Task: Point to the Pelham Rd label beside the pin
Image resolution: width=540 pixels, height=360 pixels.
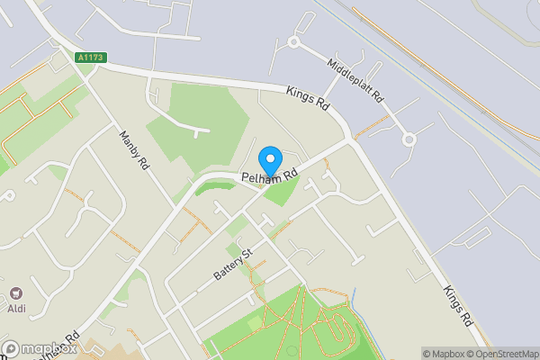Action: pos(269,177)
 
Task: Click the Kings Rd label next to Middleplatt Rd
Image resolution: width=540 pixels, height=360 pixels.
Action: pos(309,97)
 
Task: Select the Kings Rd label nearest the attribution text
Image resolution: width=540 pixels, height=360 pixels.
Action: pos(457,307)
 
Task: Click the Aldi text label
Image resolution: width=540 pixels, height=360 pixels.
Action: pos(17,309)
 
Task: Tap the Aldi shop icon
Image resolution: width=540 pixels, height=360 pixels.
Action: pos(16,294)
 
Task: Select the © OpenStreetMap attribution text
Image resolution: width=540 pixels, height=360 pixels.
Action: pos(499,354)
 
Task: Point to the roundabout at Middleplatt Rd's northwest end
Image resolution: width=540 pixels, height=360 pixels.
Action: pos(293,41)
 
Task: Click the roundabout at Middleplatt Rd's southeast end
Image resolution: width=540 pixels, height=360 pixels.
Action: pos(409,139)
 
